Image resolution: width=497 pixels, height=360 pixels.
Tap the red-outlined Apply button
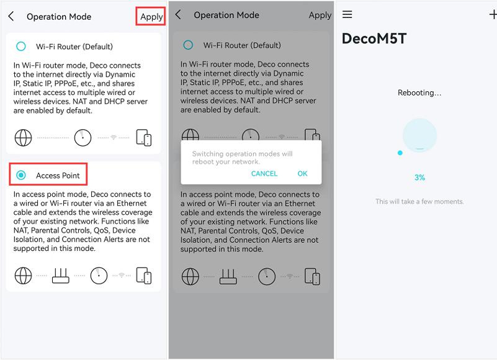pos(151,17)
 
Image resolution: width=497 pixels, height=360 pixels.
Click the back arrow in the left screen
pos(11,16)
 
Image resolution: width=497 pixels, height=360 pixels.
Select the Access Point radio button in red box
pos(21,175)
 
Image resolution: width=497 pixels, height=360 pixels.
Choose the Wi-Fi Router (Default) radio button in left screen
pos(21,47)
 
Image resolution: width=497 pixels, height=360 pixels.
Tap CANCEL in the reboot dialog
pos(264,174)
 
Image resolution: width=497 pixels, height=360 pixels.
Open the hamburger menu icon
pos(347,14)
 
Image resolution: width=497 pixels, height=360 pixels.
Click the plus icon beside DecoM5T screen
pos(493,14)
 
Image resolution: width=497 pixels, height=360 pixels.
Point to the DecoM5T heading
pos(374,38)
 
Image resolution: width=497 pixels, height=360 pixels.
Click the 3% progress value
pos(419,178)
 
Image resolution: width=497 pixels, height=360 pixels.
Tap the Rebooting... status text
pos(419,92)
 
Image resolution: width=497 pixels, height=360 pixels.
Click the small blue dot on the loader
pos(400,153)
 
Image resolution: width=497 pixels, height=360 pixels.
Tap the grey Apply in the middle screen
pos(320,16)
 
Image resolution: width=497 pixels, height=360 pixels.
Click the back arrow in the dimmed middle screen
pos(178,14)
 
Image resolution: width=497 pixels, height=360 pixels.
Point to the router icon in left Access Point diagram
pos(61,276)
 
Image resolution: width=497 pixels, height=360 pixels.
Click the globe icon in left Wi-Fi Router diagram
pos(23,138)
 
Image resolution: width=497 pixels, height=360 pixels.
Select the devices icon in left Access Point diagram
pos(144,276)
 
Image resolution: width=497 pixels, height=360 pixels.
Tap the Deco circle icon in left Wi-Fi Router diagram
pos(83,138)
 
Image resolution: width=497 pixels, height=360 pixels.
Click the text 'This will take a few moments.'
pos(419,201)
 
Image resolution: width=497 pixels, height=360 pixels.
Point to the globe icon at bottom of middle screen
pos(190,276)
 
